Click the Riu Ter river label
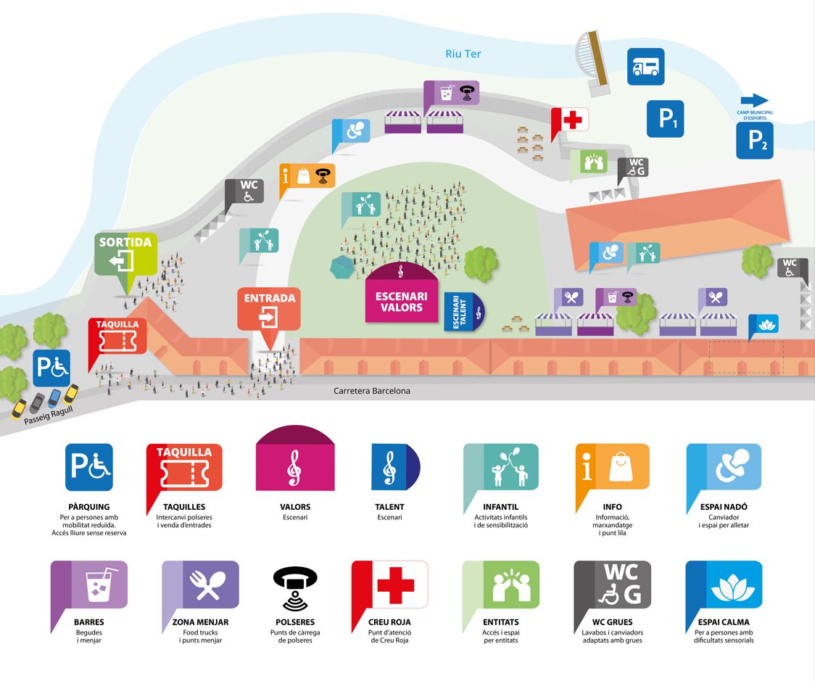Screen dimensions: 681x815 pyautogui.click(x=463, y=54)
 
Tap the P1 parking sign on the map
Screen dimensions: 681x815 pyautogui.click(x=665, y=118)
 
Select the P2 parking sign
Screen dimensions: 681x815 pyautogui.click(x=756, y=140)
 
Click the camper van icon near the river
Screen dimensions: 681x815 pyautogui.click(x=645, y=67)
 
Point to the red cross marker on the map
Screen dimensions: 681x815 pyautogui.click(x=571, y=120)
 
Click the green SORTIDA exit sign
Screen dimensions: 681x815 pyautogui.click(x=125, y=255)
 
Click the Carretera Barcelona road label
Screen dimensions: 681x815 pyautogui.click(x=372, y=391)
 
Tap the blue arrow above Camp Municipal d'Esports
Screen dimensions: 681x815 pyautogui.click(x=754, y=100)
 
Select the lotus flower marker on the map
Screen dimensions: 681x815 pyautogui.click(x=763, y=323)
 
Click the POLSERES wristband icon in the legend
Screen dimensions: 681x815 pyautogui.click(x=295, y=586)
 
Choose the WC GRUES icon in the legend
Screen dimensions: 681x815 pyautogui.click(x=612, y=585)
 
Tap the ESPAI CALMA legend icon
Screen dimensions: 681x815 pyautogui.click(x=723, y=585)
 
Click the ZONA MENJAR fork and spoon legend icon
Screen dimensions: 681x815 pyautogui.click(x=200, y=585)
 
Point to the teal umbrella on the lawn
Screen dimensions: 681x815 pyautogui.click(x=341, y=267)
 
